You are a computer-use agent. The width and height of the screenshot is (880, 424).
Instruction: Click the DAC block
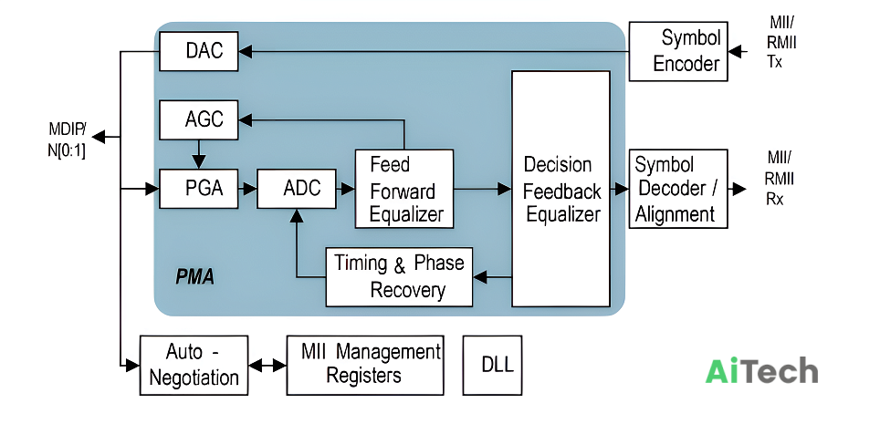click(x=199, y=51)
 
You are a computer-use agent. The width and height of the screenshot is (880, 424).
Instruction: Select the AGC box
click(x=199, y=119)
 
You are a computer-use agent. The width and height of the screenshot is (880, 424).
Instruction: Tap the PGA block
click(x=199, y=189)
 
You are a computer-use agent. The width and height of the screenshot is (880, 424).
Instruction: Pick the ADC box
click(x=297, y=189)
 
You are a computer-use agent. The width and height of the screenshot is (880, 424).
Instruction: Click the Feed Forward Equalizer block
click(x=404, y=189)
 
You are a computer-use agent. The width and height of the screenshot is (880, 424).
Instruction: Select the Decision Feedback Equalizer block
click(x=560, y=189)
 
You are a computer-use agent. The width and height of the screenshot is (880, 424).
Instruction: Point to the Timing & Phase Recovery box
click(x=399, y=277)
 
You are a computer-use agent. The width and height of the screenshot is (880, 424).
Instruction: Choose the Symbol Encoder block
click(x=678, y=51)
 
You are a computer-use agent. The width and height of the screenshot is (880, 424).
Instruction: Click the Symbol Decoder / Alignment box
click(x=678, y=189)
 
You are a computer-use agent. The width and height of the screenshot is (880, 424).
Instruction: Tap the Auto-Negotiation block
click(x=194, y=365)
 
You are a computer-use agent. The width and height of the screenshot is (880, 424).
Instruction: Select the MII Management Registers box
click(x=365, y=365)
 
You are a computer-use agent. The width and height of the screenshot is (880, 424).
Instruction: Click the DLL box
click(x=492, y=365)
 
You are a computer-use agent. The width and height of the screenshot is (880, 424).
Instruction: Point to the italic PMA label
click(x=194, y=277)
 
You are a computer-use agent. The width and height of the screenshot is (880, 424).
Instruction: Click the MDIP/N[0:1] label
click(x=67, y=140)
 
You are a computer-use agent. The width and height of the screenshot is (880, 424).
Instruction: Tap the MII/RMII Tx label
click(x=781, y=42)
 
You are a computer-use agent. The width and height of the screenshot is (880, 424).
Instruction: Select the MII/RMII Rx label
click(x=780, y=179)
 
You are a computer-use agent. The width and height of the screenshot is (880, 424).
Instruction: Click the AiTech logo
click(x=761, y=371)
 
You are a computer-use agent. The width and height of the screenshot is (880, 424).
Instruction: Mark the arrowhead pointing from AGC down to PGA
click(x=198, y=161)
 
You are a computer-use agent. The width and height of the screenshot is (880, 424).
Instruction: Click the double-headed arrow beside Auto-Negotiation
click(x=267, y=366)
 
